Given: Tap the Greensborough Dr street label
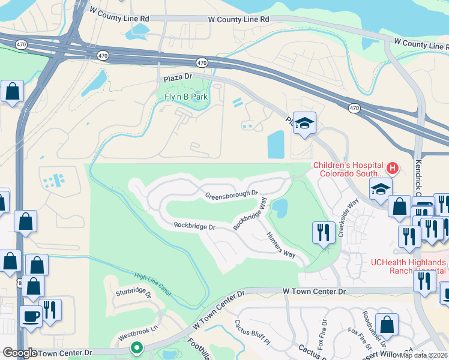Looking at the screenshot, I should pos(231,195).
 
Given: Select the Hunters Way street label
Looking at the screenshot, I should pos(281,245).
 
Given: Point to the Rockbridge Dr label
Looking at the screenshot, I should pos(194,226).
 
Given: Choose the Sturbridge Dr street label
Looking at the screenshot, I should pos(133,293).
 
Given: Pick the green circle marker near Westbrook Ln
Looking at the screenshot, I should pos(137,347).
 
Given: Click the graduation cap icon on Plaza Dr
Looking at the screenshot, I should pos(305,124).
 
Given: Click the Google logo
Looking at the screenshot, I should pos(20,353).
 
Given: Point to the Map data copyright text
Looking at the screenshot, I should pos(423,355).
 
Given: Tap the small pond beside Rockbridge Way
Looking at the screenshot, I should pos(280,209).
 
